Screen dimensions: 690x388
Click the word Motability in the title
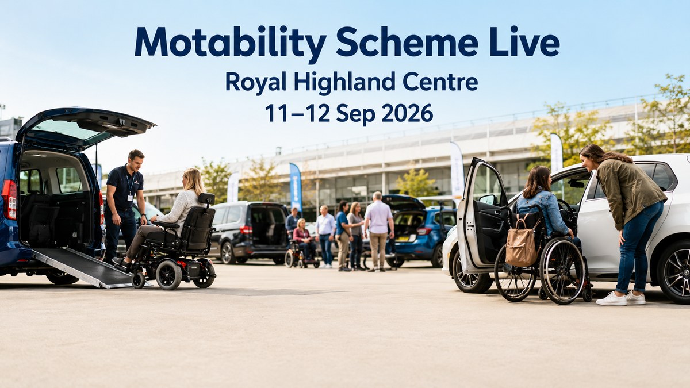click(x=230, y=44)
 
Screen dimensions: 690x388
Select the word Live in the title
click(x=524, y=41)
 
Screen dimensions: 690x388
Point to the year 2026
click(x=407, y=113)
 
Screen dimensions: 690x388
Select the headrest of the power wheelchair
click(x=206, y=199)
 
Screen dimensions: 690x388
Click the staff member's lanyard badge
click(x=130, y=197)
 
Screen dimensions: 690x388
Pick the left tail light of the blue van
click(x=9, y=199)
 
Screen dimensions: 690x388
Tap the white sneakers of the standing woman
click(x=620, y=298)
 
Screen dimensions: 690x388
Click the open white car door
click(x=482, y=216)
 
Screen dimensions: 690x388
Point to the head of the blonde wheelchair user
click(x=193, y=181)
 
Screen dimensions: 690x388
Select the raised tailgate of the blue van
click(x=85, y=126)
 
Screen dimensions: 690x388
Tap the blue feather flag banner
click(x=296, y=187)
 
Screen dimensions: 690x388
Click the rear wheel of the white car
click(x=674, y=271)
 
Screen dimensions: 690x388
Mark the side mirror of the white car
click(x=489, y=199)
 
